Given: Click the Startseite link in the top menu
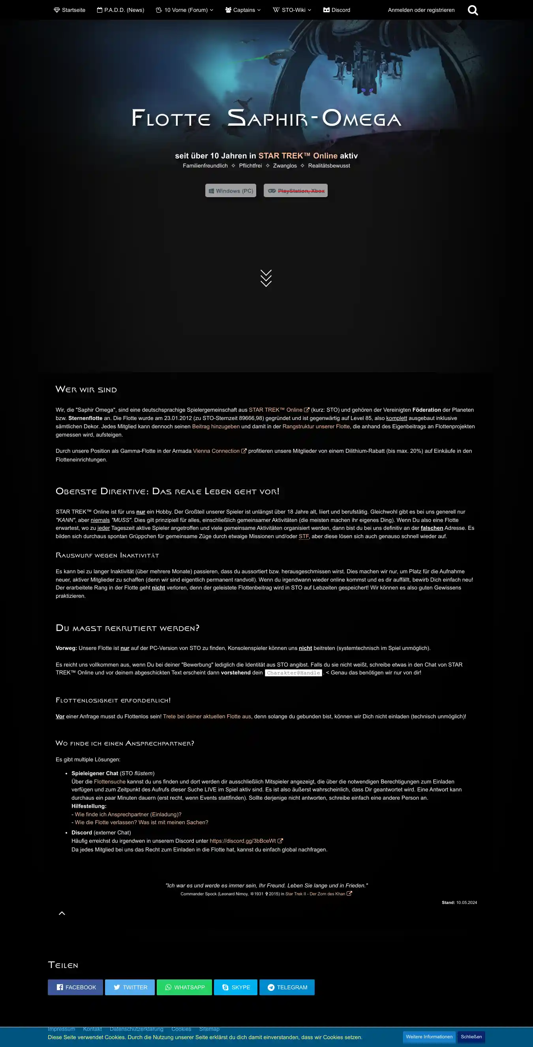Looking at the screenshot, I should click(69, 10).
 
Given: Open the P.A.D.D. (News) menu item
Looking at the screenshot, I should click(120, 10).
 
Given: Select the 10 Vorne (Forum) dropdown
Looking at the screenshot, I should click(184, 10).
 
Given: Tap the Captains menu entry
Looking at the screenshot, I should click(243, 10).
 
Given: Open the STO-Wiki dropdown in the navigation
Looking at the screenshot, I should click(292, 10).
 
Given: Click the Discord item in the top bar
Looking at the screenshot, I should click(337, 10).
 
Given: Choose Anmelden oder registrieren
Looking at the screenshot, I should click(421, 10).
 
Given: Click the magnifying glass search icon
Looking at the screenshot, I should click(473, 10).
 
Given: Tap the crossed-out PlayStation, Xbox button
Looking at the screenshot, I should click(295, 190).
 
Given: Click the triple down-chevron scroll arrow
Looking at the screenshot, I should click(266, 279).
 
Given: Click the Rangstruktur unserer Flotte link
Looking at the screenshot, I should click(316, 426).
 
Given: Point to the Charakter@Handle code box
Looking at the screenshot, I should click(293, 673).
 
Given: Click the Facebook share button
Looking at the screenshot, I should click(75, 987).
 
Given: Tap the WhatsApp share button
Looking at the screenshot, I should click(184, 987).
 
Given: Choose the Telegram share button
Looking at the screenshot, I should click(287, 987).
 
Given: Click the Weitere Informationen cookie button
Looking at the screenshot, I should click(429, 1036).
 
